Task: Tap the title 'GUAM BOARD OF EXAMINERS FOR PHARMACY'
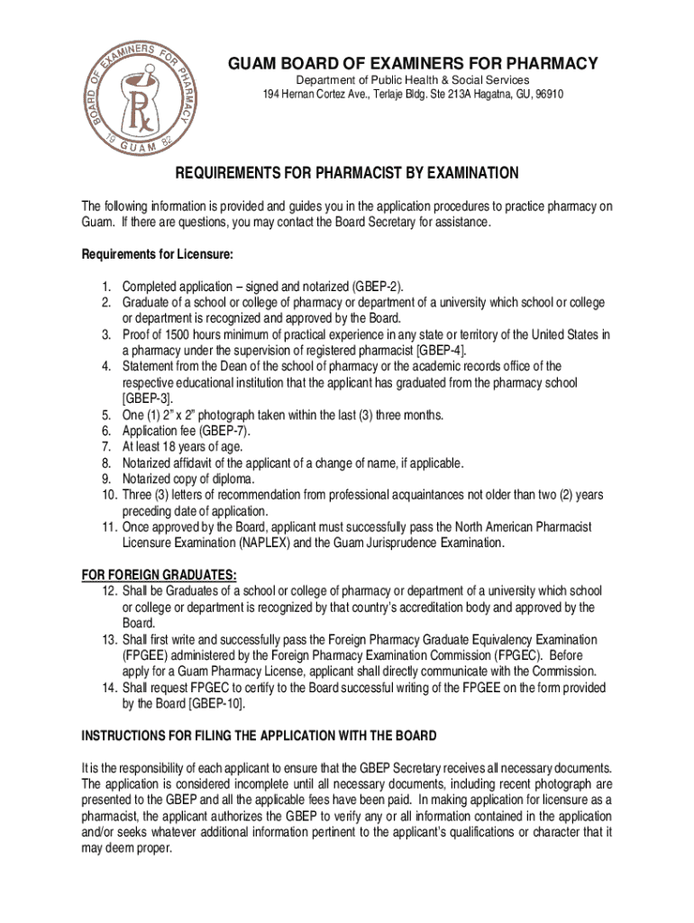coord(411,64)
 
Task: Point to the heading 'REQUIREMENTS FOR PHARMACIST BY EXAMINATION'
coord(346,173)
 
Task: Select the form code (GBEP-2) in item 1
coord(377,286)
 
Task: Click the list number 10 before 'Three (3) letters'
coord(107,496)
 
